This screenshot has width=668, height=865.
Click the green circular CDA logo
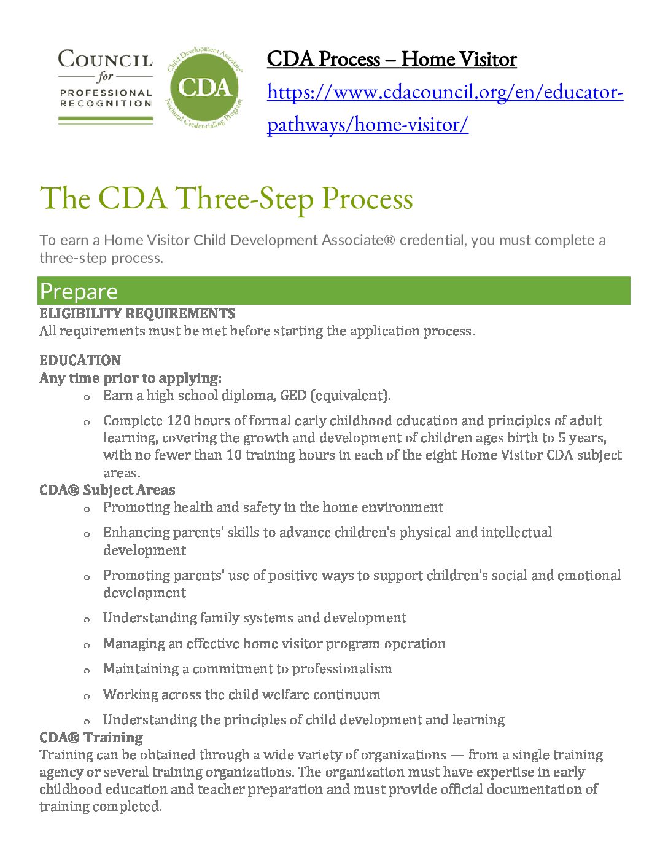pos(205,87)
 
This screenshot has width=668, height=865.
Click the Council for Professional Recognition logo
pos(105,86)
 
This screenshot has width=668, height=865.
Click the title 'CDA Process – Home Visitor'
pos(391,60)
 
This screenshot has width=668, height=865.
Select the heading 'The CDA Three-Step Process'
pos(226,198)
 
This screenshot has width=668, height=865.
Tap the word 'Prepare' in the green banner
pos(79,292)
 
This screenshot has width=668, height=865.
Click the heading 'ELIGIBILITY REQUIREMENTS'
pos(137,314)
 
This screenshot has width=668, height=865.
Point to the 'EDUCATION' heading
pos(80,360)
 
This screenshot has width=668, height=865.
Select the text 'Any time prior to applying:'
pos(130,378)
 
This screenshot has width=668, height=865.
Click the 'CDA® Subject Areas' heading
pos(107,490)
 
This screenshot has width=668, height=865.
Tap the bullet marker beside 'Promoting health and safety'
pos(87,509)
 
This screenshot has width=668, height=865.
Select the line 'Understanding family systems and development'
pos(254,618)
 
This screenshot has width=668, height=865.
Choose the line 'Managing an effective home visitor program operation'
pos(274,644)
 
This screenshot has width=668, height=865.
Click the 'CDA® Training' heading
pos(91,737)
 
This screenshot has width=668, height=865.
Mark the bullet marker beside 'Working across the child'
pos(87,696)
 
